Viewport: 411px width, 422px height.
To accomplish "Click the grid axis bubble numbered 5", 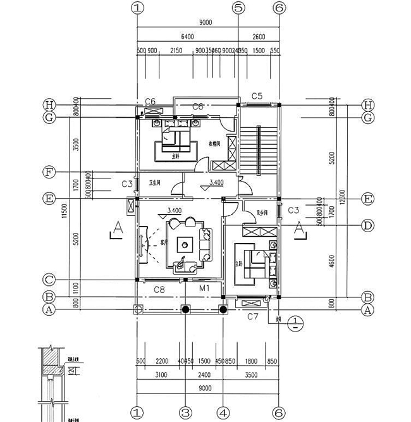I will [238, 8].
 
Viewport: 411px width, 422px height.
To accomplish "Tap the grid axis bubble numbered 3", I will [185, 412].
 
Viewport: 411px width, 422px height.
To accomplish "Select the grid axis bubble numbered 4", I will [223, 412].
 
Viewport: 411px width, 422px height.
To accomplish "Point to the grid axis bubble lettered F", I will [49, 172].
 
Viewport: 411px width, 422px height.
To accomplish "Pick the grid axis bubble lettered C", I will [49, 279].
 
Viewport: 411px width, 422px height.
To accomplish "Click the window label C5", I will [257, 96].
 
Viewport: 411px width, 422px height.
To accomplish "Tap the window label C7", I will [252, 316].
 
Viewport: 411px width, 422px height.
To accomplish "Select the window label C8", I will [159, 290].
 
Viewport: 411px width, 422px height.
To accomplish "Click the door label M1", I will [204, 289].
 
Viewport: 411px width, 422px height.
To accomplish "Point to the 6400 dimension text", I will [187, 37].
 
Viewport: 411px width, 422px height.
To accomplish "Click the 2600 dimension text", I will [259, 37].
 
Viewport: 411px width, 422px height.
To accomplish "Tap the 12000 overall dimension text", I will [342, 197].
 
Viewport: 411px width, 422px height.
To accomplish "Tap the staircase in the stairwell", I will [257, 151].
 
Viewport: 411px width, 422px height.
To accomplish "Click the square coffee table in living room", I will [185, 243].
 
